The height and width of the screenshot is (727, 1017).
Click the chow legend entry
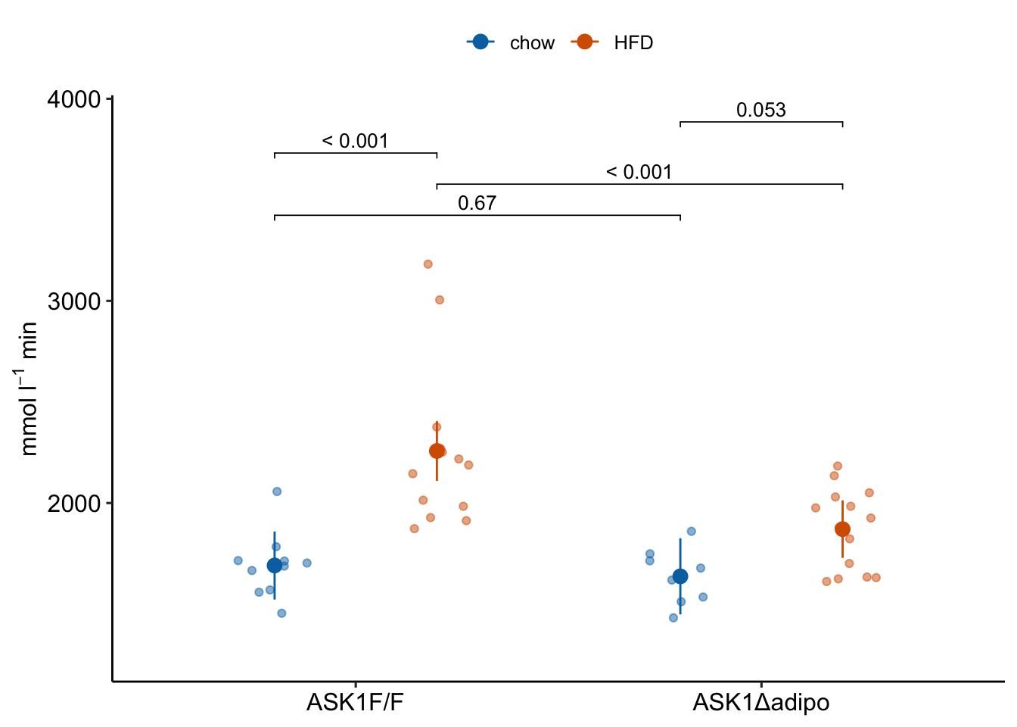click(512, 43)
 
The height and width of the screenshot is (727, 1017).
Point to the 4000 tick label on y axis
click(74, 99)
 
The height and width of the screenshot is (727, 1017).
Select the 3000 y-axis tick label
click(74, 301)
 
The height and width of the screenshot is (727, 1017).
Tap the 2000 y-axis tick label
click(74, 504)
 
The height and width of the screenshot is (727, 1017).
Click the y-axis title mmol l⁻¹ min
click(29, 388)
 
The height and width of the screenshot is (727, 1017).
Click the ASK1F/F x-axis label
click(355, 703)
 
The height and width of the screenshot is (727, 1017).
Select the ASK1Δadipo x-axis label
click(760, 703)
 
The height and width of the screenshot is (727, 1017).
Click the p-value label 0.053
click(760, 111)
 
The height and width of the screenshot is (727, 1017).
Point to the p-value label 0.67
click(477, 204)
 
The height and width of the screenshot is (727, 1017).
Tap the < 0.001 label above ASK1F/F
click(355, 142)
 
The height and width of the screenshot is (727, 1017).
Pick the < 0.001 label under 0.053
click(639, 173)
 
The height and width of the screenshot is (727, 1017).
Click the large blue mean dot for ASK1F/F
click(275, 566)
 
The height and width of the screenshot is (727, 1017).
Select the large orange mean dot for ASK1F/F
click(437, 451)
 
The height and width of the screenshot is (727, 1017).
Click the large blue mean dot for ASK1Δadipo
click(680, 576)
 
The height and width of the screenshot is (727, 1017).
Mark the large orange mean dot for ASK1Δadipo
click(842, 529)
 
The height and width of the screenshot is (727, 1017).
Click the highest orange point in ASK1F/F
click(428, 264)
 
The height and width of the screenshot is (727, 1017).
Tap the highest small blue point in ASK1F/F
click(277, 491)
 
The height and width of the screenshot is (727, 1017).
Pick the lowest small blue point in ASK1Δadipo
click(673, 618)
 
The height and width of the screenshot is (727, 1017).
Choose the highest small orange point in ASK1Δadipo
click(838, 466)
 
